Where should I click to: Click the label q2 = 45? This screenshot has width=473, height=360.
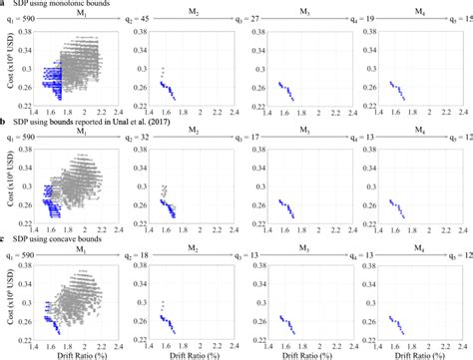[x=141, y=18]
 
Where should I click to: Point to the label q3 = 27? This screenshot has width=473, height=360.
[x=253, y=18]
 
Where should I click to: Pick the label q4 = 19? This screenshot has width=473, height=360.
[x=363, y=18]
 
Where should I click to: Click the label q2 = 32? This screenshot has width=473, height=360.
[x=141, y=137]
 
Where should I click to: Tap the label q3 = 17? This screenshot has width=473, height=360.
[x=253, y=137]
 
